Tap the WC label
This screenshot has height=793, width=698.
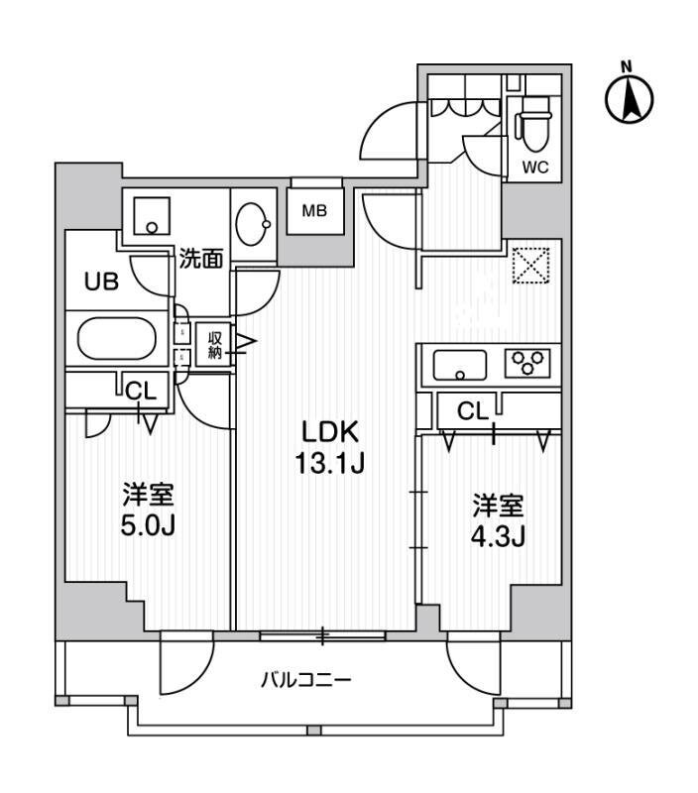point(535,167)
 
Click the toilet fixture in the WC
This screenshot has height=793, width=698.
point(533,125)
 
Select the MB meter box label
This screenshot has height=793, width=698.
point(315,210)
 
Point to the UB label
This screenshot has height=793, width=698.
point(101,282)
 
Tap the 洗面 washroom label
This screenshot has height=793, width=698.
point(200,260)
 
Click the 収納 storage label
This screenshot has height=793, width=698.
point(215,344)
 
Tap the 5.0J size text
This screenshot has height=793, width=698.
point(149,523)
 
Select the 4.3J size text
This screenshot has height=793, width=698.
point(497,535)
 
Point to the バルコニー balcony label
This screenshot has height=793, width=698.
point(306,681)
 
